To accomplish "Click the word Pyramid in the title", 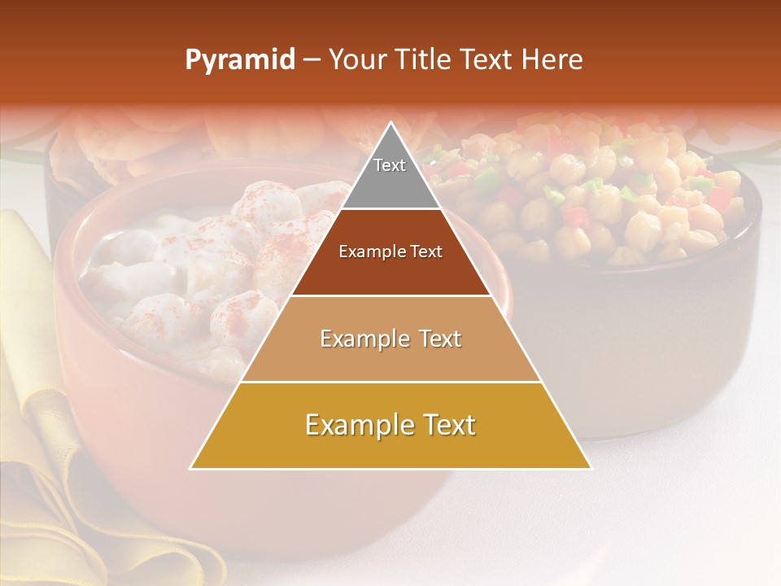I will click(x=239, y=60).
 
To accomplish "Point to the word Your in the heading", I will click(x=356, y=60).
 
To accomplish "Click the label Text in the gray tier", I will click(x=390, y=165).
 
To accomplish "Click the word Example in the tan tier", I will click(x=357, y=339).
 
